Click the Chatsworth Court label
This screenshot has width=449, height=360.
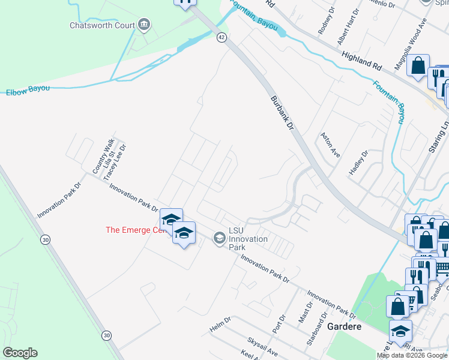[x=102, y=25]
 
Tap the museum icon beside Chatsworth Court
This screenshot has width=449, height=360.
[x=144, y=25]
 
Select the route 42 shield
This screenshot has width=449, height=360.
[x=221, y=37]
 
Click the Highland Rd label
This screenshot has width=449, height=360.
[x=361, y=59]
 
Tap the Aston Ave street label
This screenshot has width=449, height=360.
[x=330, y=145]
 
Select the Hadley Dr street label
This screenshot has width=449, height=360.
[x=358, y=163]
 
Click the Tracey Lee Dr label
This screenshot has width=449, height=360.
[x=115, y=161]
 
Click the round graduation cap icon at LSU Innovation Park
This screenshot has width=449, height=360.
[x=218, y=239]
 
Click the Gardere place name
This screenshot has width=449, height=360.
[x=345, y=326]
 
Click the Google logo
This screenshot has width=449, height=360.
[x=20, y=353]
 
